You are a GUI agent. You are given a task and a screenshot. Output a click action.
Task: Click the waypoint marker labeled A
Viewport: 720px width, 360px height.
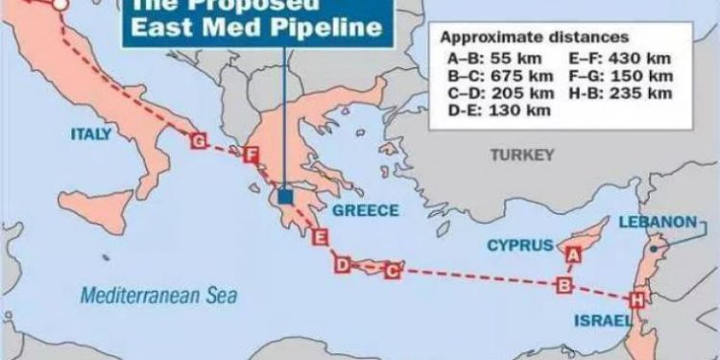[x=574, y=254]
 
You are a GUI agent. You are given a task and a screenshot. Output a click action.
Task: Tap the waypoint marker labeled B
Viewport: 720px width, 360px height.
[x=565, y=284]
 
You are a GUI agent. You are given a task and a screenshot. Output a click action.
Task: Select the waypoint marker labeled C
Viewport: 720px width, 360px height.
[x=391, y=271]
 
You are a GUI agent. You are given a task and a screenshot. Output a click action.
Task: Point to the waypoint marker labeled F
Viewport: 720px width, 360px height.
[x=252, y=156]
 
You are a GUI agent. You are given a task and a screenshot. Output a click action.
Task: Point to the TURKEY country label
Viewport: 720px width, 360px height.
[x=522, y=155]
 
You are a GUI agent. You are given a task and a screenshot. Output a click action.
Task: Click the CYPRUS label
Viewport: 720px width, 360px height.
[x=520, y=245]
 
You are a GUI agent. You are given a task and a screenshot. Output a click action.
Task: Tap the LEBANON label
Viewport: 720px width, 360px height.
[x=657, y=222]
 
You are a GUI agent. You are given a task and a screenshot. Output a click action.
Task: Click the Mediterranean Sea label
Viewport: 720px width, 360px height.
[x=158, y=296]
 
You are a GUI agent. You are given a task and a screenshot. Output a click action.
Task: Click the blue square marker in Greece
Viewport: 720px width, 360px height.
[x=285, y=197]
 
